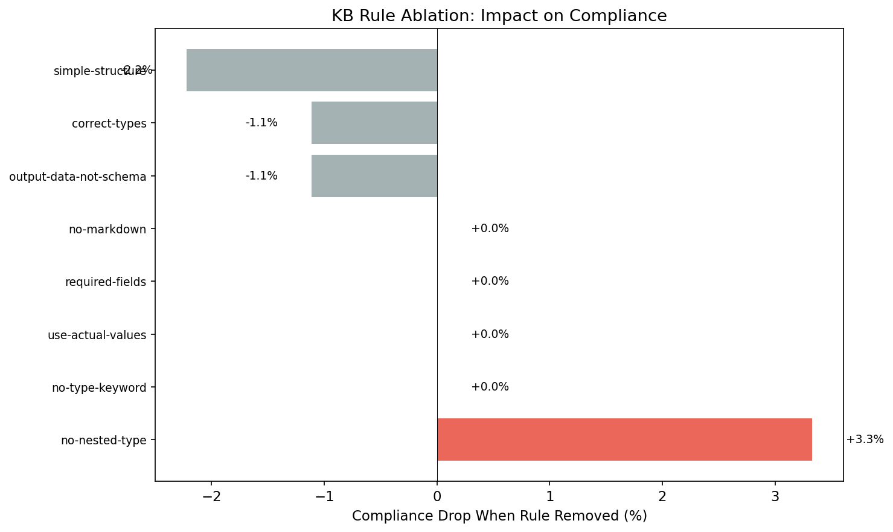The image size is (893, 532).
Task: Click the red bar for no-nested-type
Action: (624, 440)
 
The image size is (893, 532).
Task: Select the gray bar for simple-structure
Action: (312, 70)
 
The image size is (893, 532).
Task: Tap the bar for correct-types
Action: (374, 123)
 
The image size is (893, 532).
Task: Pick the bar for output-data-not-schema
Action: (374, 176)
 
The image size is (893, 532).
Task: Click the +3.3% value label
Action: (865, 440)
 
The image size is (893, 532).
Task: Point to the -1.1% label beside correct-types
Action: (261, 123)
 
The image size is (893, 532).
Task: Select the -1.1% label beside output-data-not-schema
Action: (261, 176)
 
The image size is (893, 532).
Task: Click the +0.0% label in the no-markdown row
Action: (490, 229)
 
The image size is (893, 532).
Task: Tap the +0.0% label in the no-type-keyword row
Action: (490, 387)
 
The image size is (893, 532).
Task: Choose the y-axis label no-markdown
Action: (107, 229)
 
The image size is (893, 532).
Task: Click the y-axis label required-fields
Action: (106, 282)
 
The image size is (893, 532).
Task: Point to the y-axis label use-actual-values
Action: (97, 335)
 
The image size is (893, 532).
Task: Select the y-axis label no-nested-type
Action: (104, 440)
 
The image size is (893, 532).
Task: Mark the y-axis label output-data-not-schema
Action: (78, 177)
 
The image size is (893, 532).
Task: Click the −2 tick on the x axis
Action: (211, 497)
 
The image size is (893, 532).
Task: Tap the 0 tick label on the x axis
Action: (437, 497)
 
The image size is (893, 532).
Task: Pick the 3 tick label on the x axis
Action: (775, 497)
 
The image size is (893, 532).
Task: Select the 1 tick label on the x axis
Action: (549, 497)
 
